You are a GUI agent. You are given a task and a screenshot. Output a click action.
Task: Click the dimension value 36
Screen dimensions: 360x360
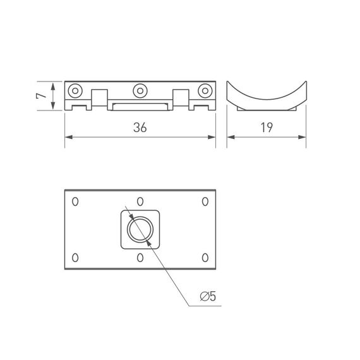tap(140, 128)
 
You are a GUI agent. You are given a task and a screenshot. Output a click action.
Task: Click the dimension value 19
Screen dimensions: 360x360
tap(266, 128)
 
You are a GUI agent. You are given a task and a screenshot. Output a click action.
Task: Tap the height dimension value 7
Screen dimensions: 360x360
tap(40, 96)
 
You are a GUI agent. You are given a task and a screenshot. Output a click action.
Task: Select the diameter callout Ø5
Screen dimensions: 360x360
tap(208, 296)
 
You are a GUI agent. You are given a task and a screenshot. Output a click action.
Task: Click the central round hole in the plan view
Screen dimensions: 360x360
tap(140, 229)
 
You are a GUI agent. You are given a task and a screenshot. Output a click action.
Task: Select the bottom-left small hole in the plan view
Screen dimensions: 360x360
tap(75, 257)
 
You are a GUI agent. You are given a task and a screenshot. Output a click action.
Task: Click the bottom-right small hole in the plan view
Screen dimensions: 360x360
tap(205, 257)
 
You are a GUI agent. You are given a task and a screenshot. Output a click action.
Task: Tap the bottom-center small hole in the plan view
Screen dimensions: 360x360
tap(140, 257)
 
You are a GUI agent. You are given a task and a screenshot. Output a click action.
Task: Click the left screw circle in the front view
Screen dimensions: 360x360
tap(76, 90)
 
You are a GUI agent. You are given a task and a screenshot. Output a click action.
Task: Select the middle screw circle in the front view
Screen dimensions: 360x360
tap(140, 90)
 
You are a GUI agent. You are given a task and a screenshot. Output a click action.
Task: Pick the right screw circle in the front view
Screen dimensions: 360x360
tap(204, 90)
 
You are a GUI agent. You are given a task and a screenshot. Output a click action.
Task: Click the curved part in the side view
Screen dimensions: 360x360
tap(266, 98)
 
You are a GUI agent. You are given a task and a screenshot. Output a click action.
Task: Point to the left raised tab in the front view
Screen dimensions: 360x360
tap(99, 98)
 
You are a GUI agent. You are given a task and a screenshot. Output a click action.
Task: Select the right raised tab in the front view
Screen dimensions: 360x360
tap(181, 98)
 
